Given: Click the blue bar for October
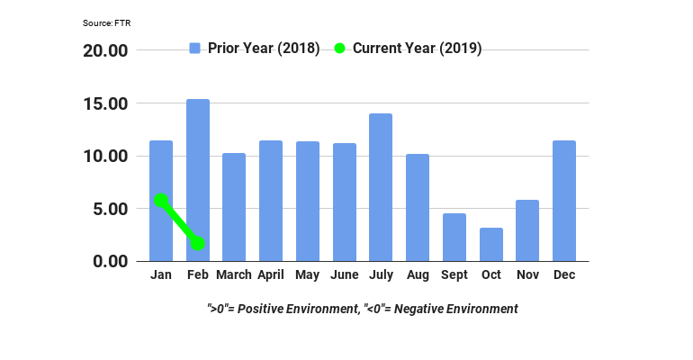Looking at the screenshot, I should (490, 244).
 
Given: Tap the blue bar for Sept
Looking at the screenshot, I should (454, 237).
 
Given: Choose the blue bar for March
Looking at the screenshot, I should (234, 207).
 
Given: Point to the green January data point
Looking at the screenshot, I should (161, 200).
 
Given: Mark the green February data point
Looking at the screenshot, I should (198, 243).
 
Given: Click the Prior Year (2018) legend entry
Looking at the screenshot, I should (255, 48).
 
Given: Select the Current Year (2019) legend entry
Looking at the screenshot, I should (408, 48).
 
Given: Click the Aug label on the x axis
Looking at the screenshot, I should (418, 275).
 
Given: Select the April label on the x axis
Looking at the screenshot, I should (271, 275).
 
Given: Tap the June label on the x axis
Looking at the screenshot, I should (344, 275).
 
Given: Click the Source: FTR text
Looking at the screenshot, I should (105, 23).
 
